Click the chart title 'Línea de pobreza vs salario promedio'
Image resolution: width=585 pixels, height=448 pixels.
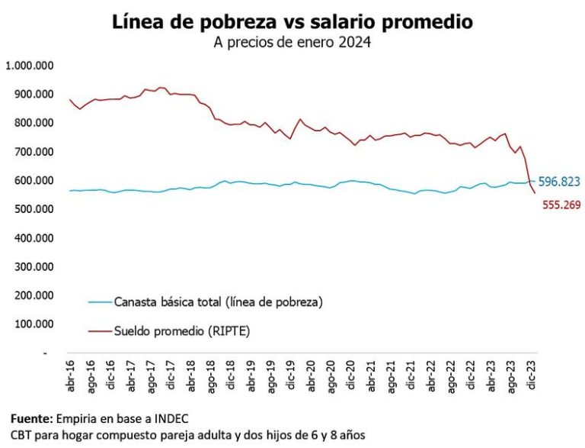click(x=292, y=21)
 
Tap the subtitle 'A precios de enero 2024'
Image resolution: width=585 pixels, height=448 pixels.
click(x=292, y=43)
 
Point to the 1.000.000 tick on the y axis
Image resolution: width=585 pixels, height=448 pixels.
click(x=28, y=66)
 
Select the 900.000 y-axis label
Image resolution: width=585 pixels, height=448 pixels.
click(x=32, y=94)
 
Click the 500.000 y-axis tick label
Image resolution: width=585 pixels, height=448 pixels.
click(x=32, y=209)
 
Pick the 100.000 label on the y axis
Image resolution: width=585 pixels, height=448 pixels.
click(x=32, y=324)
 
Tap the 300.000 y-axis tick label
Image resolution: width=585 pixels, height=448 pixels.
click(x=32, y=267)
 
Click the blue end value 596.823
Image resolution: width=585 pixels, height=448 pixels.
click(x=559, y=182)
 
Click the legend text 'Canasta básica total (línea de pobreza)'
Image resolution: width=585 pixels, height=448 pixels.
click(x=219, y=302)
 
